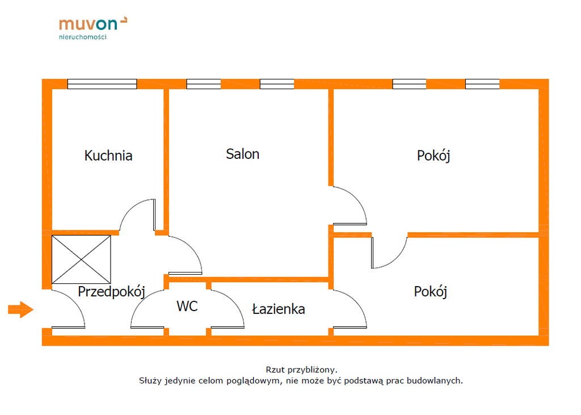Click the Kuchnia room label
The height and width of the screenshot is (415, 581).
click(108, 156)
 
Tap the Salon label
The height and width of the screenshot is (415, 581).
click(242, 154)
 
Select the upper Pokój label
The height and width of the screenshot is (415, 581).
click(433, 156)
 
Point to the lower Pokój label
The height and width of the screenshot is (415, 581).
click(430, 292)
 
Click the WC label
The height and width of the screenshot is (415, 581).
click(187, 306)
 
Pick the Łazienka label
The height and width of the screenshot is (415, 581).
click(278, 309)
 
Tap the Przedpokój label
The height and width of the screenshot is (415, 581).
click(112, 292)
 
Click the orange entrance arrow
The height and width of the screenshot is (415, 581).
click(20, 309)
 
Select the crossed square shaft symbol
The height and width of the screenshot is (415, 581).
click(81, 259)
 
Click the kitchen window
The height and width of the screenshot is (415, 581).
click(102, 84)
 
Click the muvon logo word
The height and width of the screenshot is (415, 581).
click(88, 24)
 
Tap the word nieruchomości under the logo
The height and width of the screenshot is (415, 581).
click(83, 37)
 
